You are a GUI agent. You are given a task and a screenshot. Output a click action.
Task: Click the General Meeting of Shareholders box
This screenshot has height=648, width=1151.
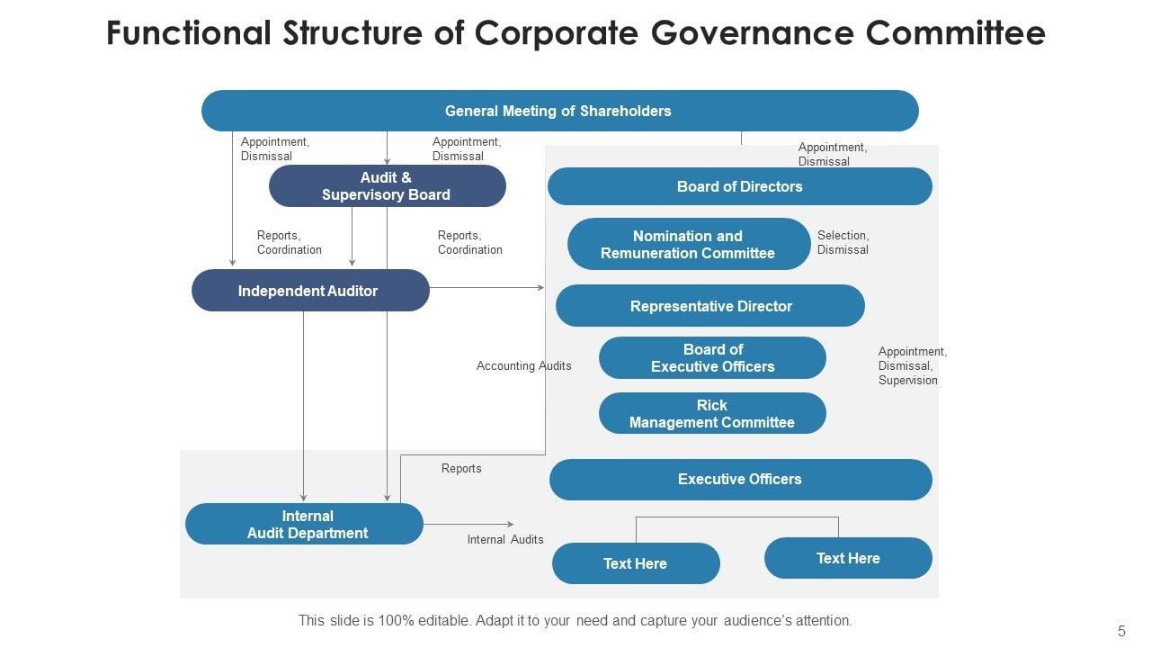tap(558, 111)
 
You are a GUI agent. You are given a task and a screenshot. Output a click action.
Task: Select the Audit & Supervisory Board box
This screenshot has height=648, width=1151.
tap(387, 186)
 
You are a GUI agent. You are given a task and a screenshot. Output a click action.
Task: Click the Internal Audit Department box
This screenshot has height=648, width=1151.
tap(304, 524)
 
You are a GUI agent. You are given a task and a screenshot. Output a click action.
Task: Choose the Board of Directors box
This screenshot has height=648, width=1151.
tap(739, 186)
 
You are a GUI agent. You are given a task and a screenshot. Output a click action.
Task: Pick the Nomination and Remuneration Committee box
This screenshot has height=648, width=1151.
tap(688, 244)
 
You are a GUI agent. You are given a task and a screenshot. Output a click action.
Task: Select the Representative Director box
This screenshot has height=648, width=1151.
tap(710, 306)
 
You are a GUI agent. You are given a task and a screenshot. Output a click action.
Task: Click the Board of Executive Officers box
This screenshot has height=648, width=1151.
tap(712, 357)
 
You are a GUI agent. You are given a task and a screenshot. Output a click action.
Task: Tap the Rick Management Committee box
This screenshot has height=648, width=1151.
tap(712, 413)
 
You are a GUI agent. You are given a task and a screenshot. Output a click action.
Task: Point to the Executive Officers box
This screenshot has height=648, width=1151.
tap(739, 479)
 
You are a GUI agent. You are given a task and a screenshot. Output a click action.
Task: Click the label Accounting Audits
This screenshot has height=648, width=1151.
tap(523, 365)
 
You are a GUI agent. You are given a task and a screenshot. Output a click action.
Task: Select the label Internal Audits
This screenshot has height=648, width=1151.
tap(505, 539)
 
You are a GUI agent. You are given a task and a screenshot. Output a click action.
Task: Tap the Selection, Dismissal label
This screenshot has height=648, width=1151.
tap(843, 242)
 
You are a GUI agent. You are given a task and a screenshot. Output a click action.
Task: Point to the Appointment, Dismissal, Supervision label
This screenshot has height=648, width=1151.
tap(912, 365)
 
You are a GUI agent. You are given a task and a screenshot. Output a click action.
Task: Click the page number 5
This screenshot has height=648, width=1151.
tap(1121, 631)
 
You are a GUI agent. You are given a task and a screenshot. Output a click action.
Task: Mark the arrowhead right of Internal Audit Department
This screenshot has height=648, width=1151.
tap(510, 524)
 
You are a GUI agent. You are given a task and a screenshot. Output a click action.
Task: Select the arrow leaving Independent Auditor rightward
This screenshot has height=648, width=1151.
tap(486, 288)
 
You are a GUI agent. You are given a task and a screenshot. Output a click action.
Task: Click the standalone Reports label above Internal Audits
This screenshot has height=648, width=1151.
tap(461, 468)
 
